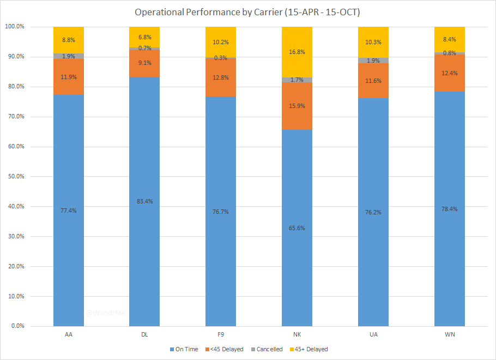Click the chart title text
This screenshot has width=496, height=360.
coord(247,12)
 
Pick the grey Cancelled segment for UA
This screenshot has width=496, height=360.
coord(373,61)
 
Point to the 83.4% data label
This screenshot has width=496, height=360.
coord(144,201)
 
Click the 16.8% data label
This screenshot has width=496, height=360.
coord(297,52)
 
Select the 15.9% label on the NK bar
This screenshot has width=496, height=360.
coord(297,105)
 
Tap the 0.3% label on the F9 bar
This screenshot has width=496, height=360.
coord(221,57)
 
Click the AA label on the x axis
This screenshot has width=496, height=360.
coord(69,334)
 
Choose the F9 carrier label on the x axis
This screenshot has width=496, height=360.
coord(221,334)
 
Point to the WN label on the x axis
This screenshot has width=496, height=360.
coord(450,334)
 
